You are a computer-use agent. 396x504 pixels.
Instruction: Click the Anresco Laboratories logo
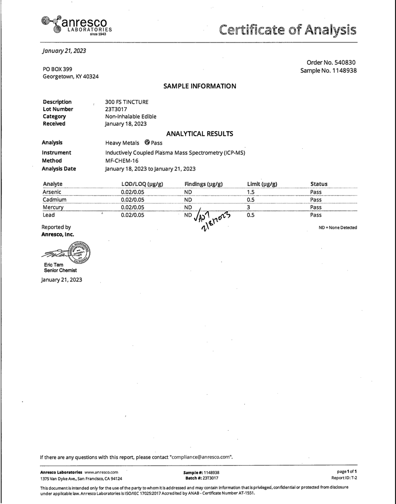[75, 25]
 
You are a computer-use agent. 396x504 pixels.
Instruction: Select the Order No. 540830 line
[328, 62]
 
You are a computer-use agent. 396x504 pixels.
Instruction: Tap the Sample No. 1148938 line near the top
[328, 71]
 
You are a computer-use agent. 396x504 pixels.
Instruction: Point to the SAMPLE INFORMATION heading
[199, 86]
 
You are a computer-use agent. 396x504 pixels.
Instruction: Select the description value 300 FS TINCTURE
[127, 102]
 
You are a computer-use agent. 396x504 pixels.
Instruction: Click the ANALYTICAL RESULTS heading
[199, 133]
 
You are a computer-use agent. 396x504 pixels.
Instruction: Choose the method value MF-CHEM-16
[122, 161]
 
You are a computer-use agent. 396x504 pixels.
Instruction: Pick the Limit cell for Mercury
[248, 207]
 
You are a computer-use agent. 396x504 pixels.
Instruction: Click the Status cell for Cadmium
[316, 200]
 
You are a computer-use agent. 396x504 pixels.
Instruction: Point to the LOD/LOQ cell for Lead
[132, 215]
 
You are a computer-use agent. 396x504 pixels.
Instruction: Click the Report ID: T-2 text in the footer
[344, 478]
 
